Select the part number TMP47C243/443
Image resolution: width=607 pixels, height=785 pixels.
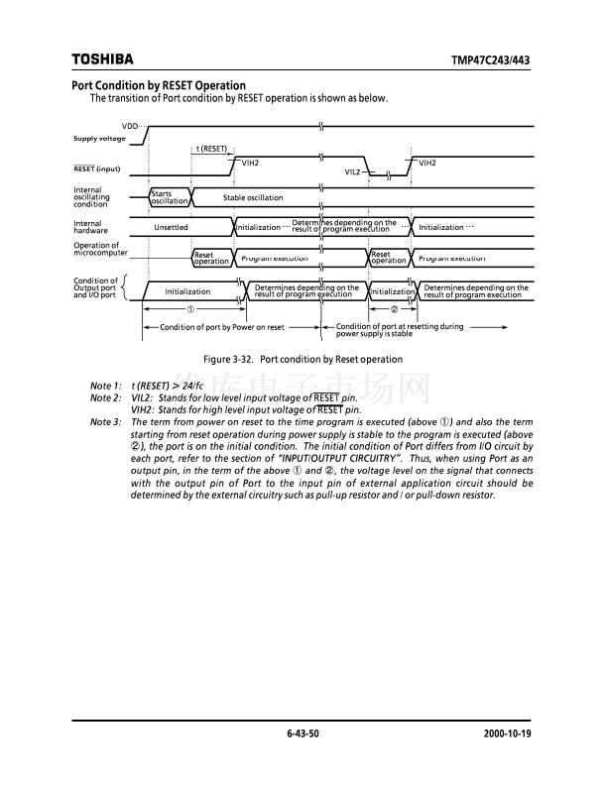point(491,60)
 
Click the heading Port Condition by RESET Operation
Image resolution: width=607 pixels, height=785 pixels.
point(159,85)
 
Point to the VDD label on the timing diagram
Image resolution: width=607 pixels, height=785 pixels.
point(130,127)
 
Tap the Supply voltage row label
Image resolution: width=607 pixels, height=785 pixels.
point(99,138)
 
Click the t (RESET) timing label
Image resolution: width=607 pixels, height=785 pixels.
point(211,148)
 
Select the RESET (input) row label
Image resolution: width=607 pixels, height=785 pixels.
point(97,168)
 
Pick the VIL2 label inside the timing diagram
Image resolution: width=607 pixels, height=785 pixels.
point(352,171)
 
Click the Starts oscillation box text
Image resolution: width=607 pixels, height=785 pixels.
point(168,197)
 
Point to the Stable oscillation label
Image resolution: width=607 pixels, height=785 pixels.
point(253,198)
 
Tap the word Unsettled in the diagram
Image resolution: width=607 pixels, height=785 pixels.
point(171,227)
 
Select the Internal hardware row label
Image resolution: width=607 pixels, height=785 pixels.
point(91,227)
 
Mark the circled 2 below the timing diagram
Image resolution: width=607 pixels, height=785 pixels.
point(394,309)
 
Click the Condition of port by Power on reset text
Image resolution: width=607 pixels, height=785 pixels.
point(222,327)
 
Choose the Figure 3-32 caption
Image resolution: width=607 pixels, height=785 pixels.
point(303,359)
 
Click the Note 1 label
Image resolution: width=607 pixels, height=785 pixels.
point(105,385)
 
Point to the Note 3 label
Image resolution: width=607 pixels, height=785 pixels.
point(105,422)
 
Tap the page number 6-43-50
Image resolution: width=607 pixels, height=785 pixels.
point(303,733)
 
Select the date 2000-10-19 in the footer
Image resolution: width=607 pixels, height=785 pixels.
point(508,733)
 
